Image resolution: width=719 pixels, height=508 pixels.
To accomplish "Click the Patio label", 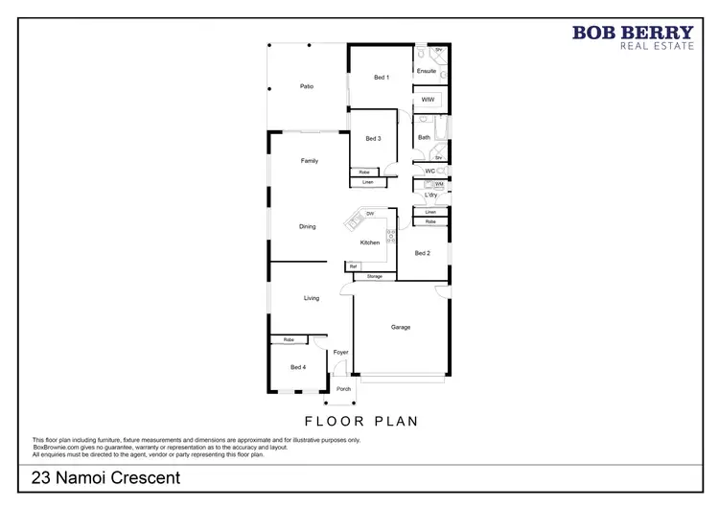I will tap(307, 86).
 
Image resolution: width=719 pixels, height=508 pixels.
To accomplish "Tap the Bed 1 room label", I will tap(381, 78).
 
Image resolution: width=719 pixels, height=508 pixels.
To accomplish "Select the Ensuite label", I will tap(427, 71).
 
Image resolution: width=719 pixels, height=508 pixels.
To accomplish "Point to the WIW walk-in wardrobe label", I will tap(428, 100).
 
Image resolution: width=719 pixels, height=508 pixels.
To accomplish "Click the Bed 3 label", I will tap(374, 138).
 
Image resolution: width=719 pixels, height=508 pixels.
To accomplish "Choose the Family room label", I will tap(309, 160).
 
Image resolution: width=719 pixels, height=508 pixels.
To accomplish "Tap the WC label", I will tap(430, 172).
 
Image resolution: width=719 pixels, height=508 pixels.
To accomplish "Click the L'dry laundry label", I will tap(431, 196).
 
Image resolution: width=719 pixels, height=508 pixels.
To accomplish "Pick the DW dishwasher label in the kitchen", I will tap(369, 213).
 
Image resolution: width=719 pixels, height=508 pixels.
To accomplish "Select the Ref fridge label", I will tap(353, 266).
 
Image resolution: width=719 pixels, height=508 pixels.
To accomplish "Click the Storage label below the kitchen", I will tap(374, 276).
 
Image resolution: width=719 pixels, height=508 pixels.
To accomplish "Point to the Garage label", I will tap(400, 327).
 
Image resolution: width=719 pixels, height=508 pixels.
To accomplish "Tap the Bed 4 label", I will tap(298, 367).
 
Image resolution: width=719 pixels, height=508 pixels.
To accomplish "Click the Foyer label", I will tap(340, 352).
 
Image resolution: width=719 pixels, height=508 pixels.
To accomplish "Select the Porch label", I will tap(342, 389).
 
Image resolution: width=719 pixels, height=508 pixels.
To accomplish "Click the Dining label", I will tap(307, 226).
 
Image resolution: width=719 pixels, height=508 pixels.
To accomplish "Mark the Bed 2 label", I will tap(422, 253).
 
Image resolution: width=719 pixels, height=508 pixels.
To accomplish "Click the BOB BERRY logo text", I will tap(632, 33).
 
